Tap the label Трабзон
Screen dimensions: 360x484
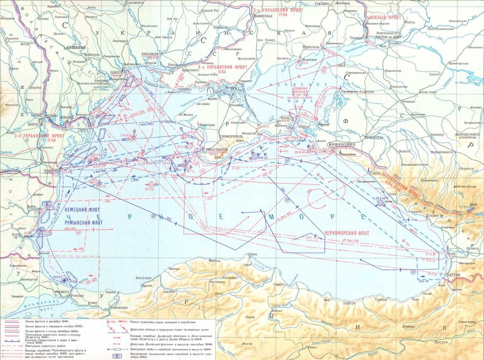click(372, 299)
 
